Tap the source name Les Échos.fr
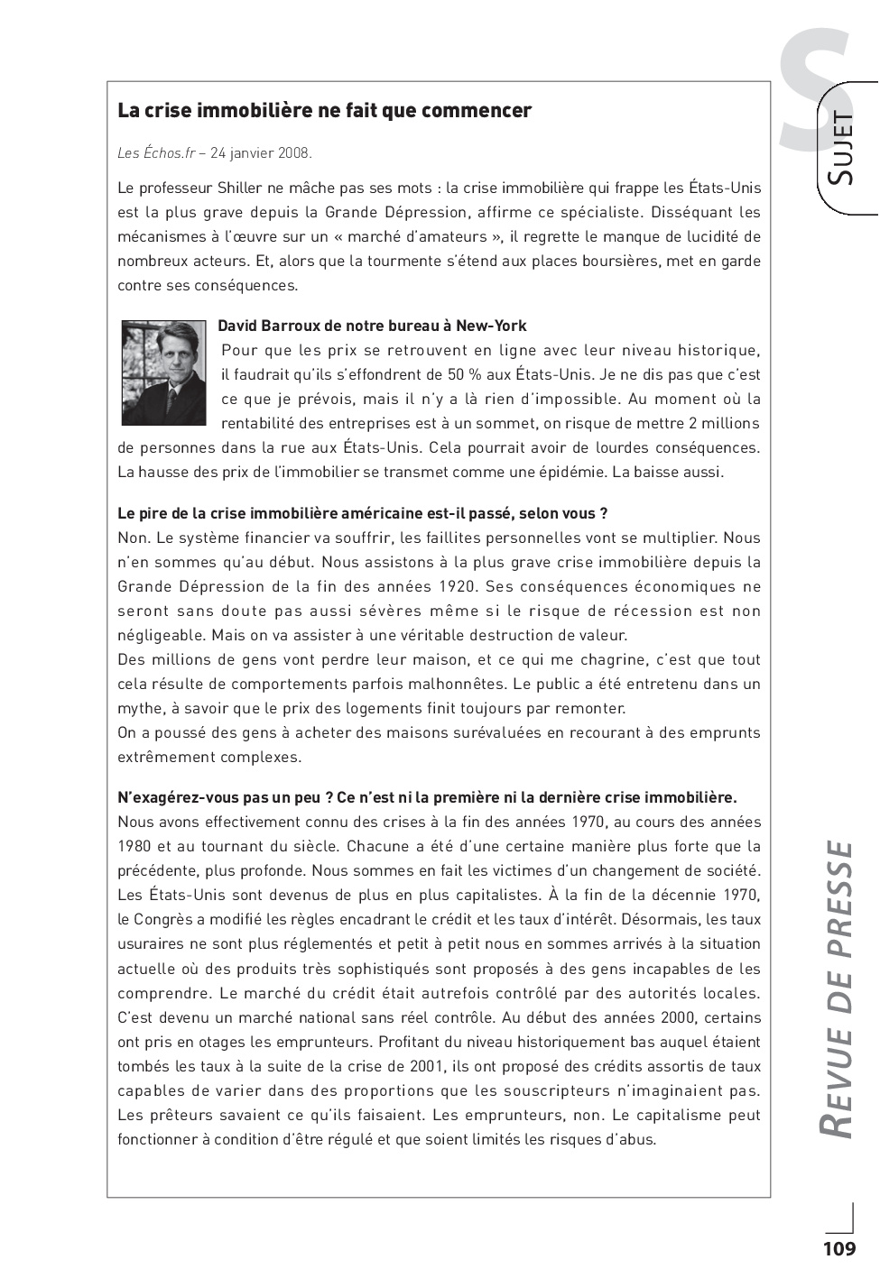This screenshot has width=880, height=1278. coord(156,153)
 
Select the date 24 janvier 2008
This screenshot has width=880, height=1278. coord(261,153)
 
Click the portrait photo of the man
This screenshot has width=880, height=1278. coord(164,372)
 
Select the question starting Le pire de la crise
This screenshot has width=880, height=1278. coord(362,513)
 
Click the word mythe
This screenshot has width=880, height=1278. coord(138,708)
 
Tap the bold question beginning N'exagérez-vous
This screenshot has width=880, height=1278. coord(427,797)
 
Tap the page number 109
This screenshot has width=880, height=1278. coord(838,1249)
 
